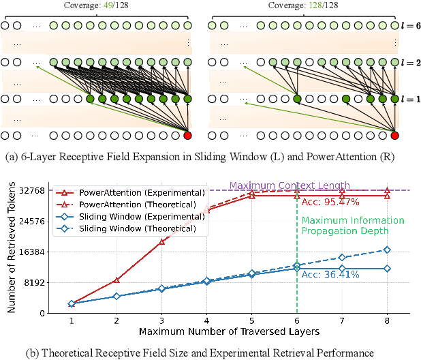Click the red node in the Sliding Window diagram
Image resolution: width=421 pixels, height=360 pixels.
[x=188, y=135]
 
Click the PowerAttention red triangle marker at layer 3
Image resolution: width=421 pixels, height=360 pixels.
[x=161, y=241]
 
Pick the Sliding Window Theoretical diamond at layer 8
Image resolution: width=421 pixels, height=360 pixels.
[x=388, y=250]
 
